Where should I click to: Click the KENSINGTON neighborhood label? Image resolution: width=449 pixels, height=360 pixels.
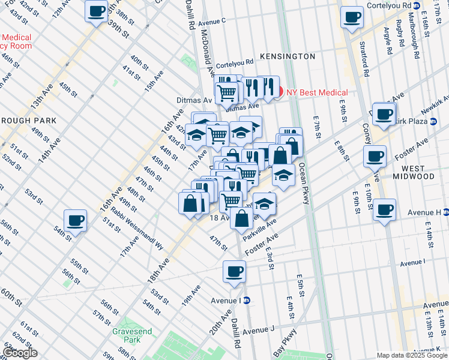(288, 56)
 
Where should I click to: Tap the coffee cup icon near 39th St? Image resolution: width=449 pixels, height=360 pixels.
(96, 11)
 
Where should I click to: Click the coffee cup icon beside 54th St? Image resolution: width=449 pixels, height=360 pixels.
(76, 221)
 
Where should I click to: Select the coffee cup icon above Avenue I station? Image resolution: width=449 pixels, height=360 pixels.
(234, 271)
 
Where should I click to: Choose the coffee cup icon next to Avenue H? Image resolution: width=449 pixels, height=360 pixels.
(384, 210)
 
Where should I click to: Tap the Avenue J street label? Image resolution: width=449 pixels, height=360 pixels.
(258, 330)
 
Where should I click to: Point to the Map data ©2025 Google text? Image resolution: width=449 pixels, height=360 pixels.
(412, 355)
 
